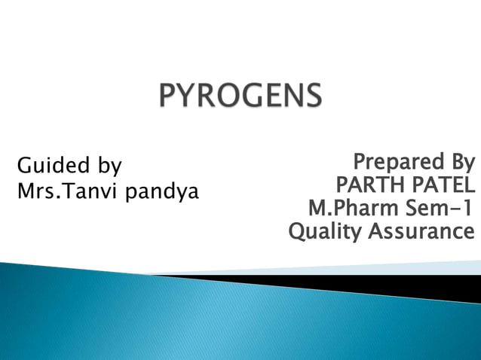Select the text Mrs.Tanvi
pyautogui.click(x=67, y=192)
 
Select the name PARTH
pyautogui.click(x=369, y=185)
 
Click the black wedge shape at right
pyautogui.click(x=422, y=285)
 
